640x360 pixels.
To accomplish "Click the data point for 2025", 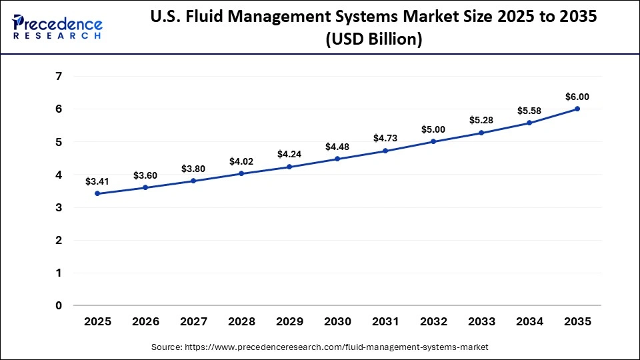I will click(x=97, y=193).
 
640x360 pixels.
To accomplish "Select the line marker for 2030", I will click(x=337, y=159).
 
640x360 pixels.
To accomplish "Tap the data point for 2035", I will click(x=577, y=109).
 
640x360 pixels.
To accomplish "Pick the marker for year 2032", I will click(x=433, y=141).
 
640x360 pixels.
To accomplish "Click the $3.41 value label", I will click(x=97, y=181).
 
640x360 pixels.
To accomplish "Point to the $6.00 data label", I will click(x=577, y=97).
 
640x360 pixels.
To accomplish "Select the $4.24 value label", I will click(x=289, y=154).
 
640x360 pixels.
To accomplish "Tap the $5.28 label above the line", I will click(x=481, y=120).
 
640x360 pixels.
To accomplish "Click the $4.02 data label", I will click(x=241, y=161).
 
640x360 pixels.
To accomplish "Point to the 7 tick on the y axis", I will click(x=59, y=76).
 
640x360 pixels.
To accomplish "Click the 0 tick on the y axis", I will click(x=59, y=305).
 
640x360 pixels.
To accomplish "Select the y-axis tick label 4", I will click(x=59, y=175).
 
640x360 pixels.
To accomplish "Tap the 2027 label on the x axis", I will click(x=193, y=322).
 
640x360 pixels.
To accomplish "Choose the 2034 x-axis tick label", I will click(x=529, y=322).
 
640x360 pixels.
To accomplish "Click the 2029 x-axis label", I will click(x=289, y=322).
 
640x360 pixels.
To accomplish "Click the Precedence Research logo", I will click(x=57, y=26).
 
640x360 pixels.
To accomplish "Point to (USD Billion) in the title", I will click(x=373, y=40).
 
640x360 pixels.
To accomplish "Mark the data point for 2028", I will click(x=241, y=173).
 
